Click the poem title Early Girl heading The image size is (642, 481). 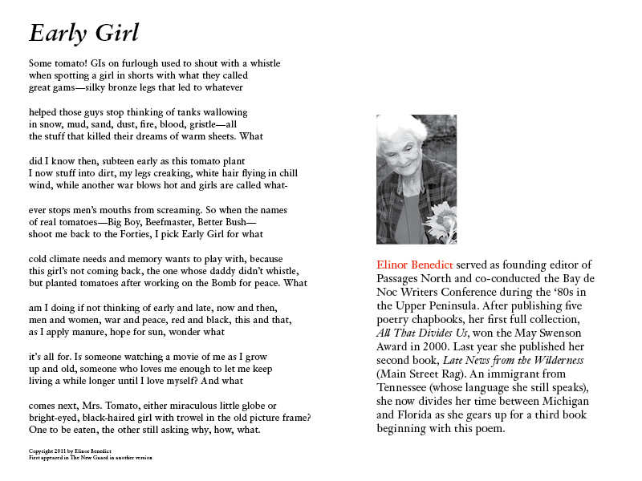point(84,33)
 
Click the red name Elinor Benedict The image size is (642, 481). point(415,265)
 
